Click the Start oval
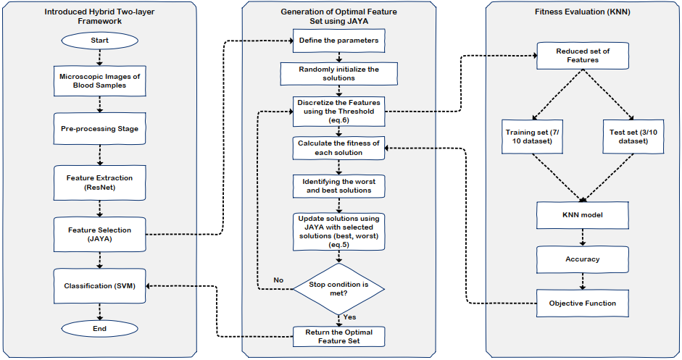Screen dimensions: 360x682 [99, 41]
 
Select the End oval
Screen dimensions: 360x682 [99, 328]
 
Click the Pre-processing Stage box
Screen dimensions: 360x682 [99, 128]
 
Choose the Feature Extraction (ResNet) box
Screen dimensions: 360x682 [99, 182]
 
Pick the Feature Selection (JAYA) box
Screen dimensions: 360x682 [99, 234]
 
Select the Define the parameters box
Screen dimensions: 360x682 [338, 41]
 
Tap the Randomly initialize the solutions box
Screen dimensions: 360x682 [338, 74]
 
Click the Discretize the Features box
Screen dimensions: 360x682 [338, 111]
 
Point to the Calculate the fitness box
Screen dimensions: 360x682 [338, 148]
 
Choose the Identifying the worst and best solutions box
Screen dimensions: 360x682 [338, 185]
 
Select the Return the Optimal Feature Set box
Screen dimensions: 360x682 [338, 336]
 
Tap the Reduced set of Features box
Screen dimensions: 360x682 [583, 55]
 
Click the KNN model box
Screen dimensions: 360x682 [583, 214]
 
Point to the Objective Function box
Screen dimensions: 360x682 [583, 303]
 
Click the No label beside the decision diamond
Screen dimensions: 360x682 [278, 280]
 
